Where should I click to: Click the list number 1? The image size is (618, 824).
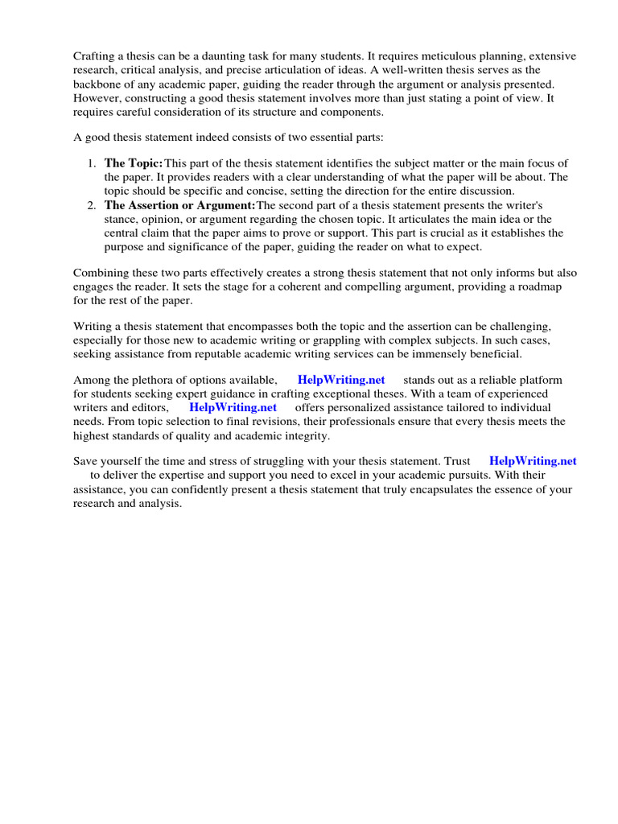[x=91, y=163]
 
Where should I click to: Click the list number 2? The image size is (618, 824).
[x=91, y=205]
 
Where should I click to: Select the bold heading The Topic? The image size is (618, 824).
[x=134, y=163]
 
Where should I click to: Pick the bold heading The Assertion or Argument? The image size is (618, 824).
[x=179, y=205]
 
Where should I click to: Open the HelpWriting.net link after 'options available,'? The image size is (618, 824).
[x=341, y=380]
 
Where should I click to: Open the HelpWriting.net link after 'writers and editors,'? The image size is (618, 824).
[x=233, y=407]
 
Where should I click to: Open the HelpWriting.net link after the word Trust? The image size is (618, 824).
[x=533, y=461]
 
